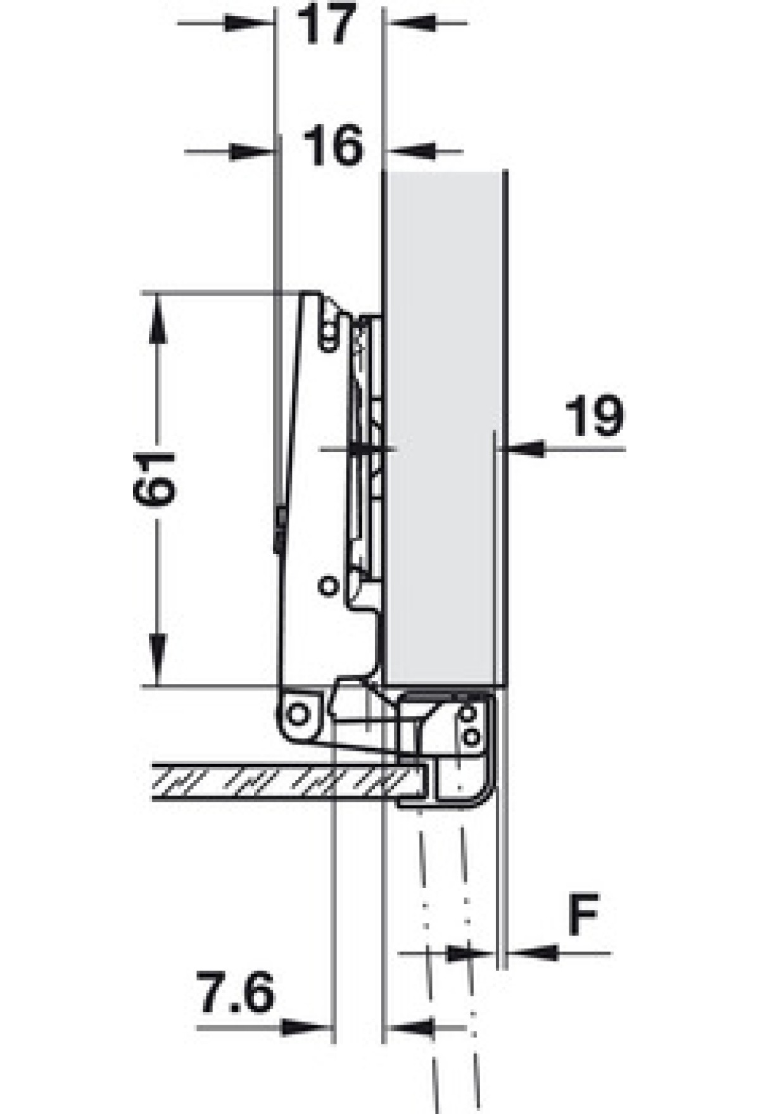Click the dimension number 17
point(329,24)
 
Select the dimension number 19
point(594,416)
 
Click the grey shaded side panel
point(443,428)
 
